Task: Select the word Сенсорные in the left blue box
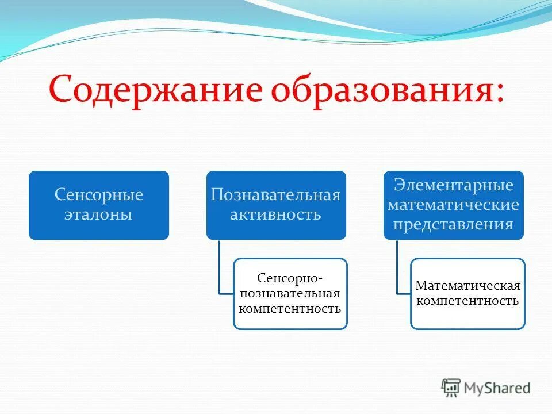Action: pyautogui.click(x=99, y=195)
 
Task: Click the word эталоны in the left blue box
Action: pyautogui.click(x=99, y=215)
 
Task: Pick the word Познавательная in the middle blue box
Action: pyautogui.click(x=276, y=195)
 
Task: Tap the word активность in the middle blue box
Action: pyautogui.click(x=276, y=215)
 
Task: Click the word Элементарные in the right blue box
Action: pyautogui.click(x=453, y=185)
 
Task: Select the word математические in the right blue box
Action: pyautogui.click(x=453, y=205)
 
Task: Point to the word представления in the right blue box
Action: pyautogui.click(x=453, y=224)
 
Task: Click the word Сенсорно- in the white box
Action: pyautogui.click(x=290, y=278)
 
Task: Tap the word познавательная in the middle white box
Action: pyautogui.click(x=290, y=293)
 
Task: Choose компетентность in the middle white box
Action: pyautogui.click(x=290, y=309)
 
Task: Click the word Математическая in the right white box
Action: pyautogui.click(x=467, y=286)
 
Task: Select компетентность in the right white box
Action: pyautogui.click(x=467, y=301)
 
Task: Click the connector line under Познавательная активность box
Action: pyautogui.click(x=219, y=267)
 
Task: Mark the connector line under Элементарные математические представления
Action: pyautogui.click(x=397, y=267)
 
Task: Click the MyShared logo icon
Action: pyautogui.click(x=451, y=388)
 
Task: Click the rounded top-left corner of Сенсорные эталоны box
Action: pyautogui.click(x=32, y=174)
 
